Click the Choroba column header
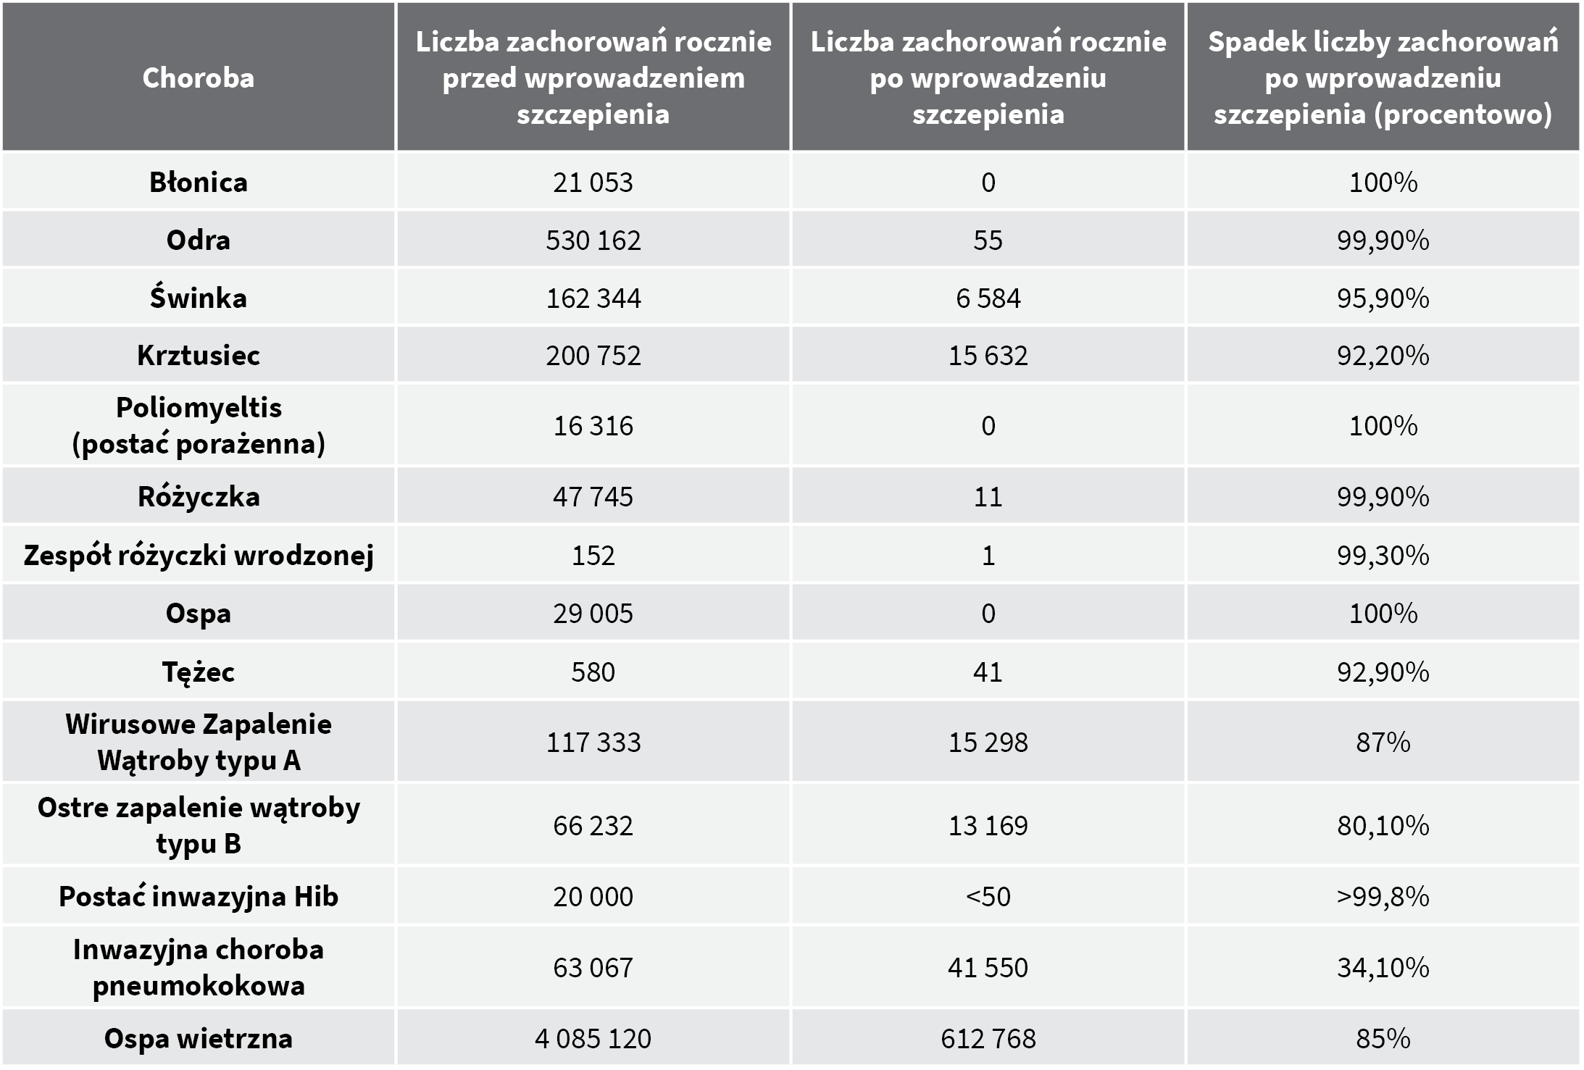pyautogui.click(x=198, y=78)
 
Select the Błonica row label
pyautogui.click(x=198, y=182)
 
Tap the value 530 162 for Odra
pyautogui.click(x=593, y=240)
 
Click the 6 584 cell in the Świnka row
pyautogui.click(x=988, y=298)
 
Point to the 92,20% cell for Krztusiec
pyautogui.click(x=1383, y=355)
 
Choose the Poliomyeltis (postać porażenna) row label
pyautogui.click(x=198, y=425)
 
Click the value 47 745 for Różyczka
pyautogui.click(x=593, y=496)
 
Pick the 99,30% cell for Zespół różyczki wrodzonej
pyautogui.click(x=1383, y=555)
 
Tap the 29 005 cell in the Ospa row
pyautogui.click(x=593, y=614)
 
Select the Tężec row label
pyautogui.click(x=198, y=672)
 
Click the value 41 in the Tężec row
pyautogui.click(x=988, y=672)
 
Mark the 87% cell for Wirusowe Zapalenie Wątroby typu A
pyautogui.click(x=1383, y=742)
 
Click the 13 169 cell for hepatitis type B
pyautogui.click(x=988, y=825)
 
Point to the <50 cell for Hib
pyautogui.click(x=988, y=896)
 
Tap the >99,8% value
pyautogui.click(x=1383, y=896)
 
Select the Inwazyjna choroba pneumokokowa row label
pyautogui.click(x=198, y=967)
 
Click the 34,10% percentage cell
pyautogui.click(x=1383, y=967)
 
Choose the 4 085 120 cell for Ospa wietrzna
pyautogui.click(x=593, y=1038)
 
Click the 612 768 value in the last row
pyautogui.click(x=988, y=1038)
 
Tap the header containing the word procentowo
pyautogui.click(x=1383, y=78)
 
